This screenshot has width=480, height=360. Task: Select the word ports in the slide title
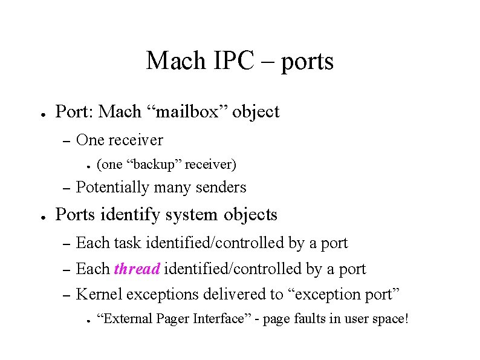306,62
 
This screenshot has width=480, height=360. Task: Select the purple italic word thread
137,269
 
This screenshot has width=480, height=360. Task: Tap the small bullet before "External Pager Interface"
88,319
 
